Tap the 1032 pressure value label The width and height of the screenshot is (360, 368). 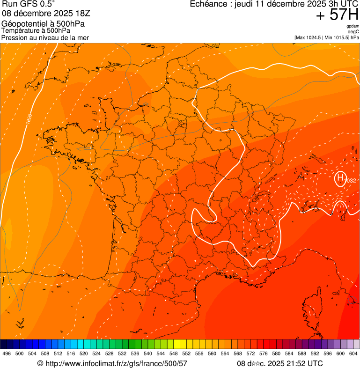pos(351,181)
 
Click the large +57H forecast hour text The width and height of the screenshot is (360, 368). pos(337,15)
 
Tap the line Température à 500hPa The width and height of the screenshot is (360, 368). pos(36,30)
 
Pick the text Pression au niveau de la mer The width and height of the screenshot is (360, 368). pos(45,37)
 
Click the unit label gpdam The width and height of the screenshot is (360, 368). pos(353,26)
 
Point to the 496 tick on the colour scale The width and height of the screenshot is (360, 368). pos(7,353)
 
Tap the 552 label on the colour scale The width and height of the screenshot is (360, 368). pos(186,353)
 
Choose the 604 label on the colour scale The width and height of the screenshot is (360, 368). pos(353,353)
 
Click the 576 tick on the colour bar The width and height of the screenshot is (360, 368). pos(264,353)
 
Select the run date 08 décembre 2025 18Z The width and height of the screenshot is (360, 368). pos(50,14)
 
